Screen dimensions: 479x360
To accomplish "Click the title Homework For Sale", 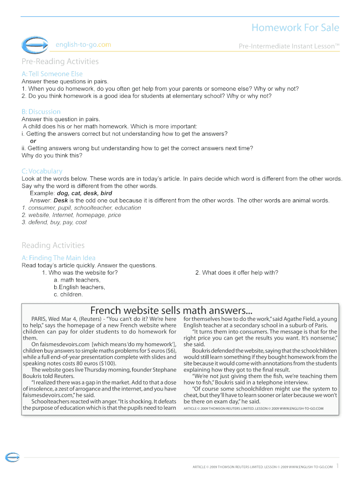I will click(x=295, y=28).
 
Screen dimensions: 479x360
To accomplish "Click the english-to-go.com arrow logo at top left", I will click(x=34, y=45).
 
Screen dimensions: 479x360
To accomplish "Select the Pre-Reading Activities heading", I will click(x=60, y=61).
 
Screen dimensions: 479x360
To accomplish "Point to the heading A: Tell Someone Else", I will click(x=52, y=74).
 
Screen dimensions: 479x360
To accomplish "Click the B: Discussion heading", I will click(x=41, y=112).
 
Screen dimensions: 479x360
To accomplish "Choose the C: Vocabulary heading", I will click(x=42, y=171).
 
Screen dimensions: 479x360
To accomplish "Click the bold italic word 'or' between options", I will click(x=33, y=141).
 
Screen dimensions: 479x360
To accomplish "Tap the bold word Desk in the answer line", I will click(x=61, y=200).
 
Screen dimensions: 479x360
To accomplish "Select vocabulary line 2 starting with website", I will click(x=71, y=215).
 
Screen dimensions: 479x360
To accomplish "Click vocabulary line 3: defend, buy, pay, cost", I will click(x=54, y=222).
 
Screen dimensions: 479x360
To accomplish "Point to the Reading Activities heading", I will click(x=53, y=245).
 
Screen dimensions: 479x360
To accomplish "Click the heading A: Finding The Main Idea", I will click(x=58, y=258).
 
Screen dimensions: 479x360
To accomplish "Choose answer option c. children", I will click(x=68, y=294).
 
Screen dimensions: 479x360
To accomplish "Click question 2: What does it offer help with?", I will click(x=237, y=273).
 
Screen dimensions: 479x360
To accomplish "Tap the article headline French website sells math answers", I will click(x=171, y=310).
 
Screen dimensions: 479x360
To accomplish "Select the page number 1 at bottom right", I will click(x=338, y=466).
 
